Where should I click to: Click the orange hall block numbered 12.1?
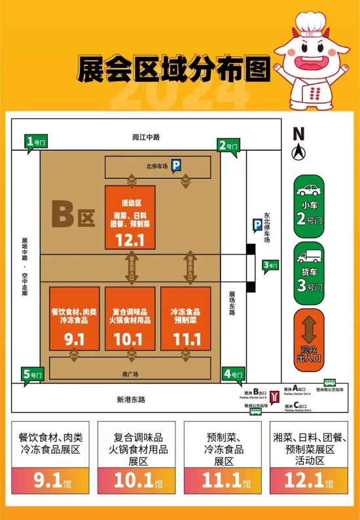tap(130, 217)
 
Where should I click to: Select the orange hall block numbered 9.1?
tap(75, 318)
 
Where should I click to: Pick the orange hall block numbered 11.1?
tap(185, 318)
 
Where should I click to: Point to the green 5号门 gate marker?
tap(33, 375)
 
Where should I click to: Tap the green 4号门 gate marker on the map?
tap(232, 375)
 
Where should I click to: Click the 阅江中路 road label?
tap(145, 137)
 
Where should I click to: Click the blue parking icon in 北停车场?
tap(176, 166)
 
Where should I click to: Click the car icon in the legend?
tap(308, 191)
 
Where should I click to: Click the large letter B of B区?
tap(63, 214)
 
